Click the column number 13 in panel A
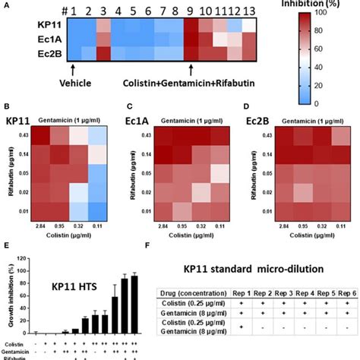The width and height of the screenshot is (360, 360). [x=251, y=11]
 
